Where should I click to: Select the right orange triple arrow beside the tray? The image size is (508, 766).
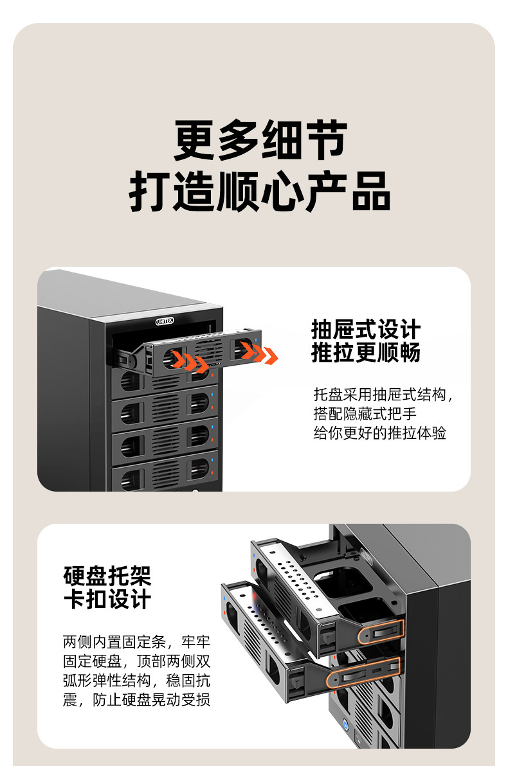(260, 353)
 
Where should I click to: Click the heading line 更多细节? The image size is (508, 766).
(260, 141)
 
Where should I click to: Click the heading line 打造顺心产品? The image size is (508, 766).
(260, 191)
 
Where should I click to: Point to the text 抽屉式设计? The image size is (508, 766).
(365, 330)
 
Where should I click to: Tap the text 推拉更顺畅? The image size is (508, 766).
(365, 353)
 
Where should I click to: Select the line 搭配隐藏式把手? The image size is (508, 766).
(365, 414)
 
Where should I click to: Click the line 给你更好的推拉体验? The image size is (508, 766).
(379, 432)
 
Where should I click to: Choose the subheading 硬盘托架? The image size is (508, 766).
(107, 576)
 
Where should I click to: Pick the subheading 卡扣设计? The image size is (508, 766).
(107, 599)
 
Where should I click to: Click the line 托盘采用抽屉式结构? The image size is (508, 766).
(383, 395)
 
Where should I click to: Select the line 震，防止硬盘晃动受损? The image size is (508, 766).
(136, 699)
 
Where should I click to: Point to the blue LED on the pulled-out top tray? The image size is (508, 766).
(257, 341)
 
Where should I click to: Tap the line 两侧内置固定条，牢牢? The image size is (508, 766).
(136, 641)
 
